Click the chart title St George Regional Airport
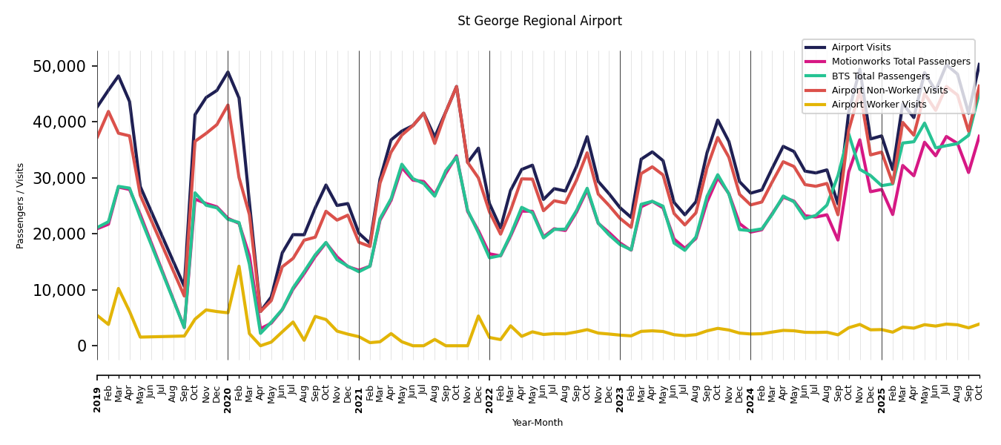tap(539, 22)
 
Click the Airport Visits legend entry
tap(861, 47)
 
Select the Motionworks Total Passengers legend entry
tap(900, 62)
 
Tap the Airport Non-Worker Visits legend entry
tap(889, 90)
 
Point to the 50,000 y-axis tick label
tap(59, 67)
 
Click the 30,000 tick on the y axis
tap(59, 179)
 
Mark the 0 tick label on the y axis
tap(82, 346)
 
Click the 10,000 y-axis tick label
tap(59, 290)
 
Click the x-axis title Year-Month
tap(538, 423)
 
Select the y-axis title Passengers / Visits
tap(21, 205)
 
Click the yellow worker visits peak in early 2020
tap(239, 266)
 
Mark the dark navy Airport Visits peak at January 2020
tap(228, 72)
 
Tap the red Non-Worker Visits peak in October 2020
tap(326, 211)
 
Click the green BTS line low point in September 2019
tap(184, 327)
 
